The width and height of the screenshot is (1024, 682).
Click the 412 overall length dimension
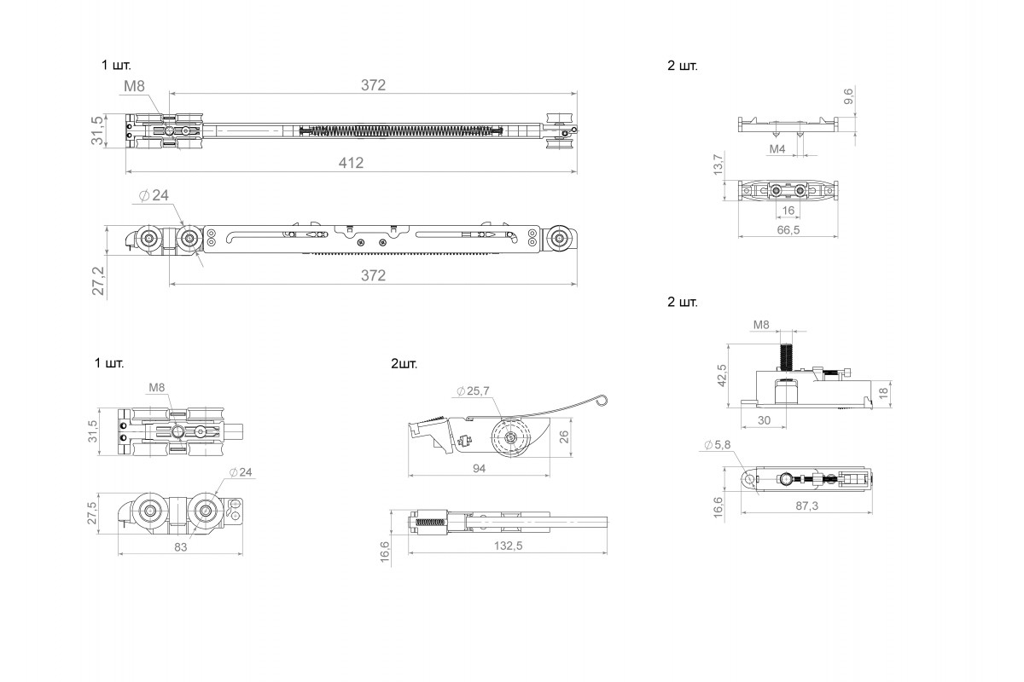pyautogui.click(x=351, y=163)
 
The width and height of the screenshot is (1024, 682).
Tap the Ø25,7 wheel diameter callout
pyautogui.click(x=473, y=391)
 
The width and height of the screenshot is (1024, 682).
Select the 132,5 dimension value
pyautogui.click(x=508, y=546)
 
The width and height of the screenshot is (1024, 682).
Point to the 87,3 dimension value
pyautogui.click(x=807, y=506)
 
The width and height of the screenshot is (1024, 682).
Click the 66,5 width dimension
pyautogui.click(x=788, y=230)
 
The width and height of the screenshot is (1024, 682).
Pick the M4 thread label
pyautogui.click(x=777, y=149)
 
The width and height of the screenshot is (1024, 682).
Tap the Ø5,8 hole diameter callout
pyautogui.click(x=718, y=444)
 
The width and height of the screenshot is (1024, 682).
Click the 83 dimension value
pyautogui.click(x=181, y=546)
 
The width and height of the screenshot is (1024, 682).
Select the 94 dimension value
pyautogui.click(x=479, y=468)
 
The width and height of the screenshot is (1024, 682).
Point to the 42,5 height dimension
pyautogui.click(x=722, y=375)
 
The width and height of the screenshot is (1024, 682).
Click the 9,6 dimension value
pyautogui.click(x=848, y=96)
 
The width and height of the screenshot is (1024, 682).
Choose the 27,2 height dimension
pyautogui.click(x=98, y=281)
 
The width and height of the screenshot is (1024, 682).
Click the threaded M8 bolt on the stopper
pyautogui.click(x=786, y=356)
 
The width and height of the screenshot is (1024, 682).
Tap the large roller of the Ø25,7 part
pyautogui.click(x=510, y=437)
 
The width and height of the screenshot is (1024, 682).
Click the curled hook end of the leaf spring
pyautogui.click(x=602, y=400)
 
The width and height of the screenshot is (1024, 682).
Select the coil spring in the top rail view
pyautogui.click(x=401, y=131)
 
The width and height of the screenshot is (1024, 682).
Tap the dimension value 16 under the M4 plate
pyautogui.click(x=788, y=211)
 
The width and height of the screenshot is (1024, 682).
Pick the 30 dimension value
pyautogui.click(x=764, y=420)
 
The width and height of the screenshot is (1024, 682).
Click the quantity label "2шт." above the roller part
pyautogui.click(x=404, y=364)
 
